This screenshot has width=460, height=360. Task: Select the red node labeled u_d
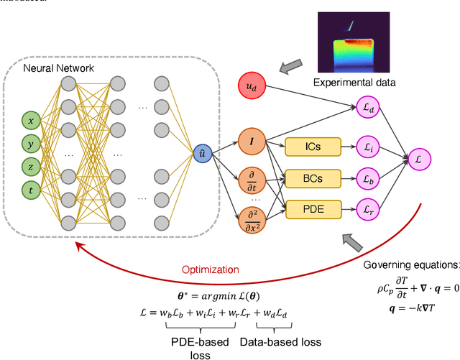pos(251,87)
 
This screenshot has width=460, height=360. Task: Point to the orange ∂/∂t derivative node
pos(252,180)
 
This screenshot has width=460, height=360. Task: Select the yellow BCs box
pos(312,177)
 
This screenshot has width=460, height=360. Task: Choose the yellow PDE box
pos(312,209)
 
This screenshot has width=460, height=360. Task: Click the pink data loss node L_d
pos(368,107)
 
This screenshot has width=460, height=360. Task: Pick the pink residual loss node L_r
pos(368,209)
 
